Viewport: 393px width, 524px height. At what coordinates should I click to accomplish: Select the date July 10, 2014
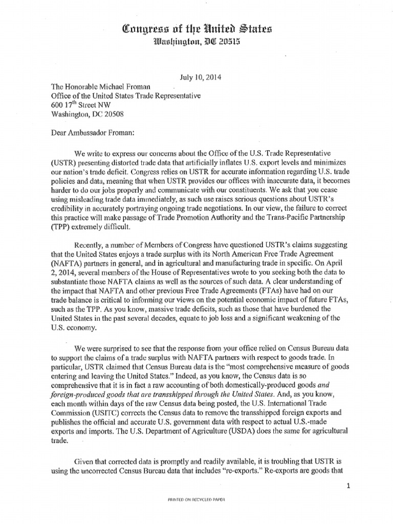click(x=199, y=78)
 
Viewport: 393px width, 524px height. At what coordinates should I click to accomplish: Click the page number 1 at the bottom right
click(x=348, y=487)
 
